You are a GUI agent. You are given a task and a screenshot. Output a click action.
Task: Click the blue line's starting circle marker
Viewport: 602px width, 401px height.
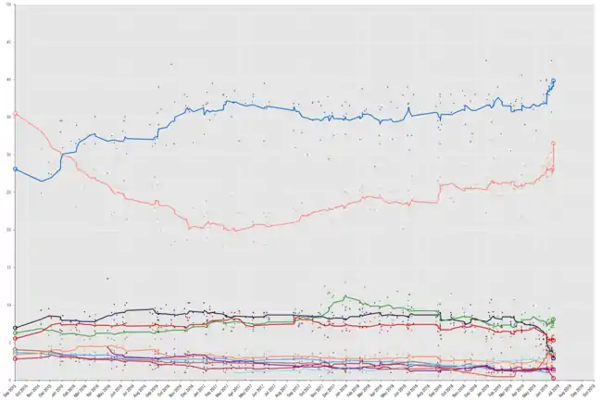point(16,169)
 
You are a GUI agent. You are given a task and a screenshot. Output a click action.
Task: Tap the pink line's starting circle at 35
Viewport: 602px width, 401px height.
point(16,115)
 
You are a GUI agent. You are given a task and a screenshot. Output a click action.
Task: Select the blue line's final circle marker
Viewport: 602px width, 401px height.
point(553,81)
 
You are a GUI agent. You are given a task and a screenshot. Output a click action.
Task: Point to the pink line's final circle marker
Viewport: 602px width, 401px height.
point(553,144)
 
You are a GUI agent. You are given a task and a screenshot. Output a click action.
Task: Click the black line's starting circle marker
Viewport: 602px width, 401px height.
point(16,328)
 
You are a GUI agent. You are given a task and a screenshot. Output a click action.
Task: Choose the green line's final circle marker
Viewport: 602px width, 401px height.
point(553,320)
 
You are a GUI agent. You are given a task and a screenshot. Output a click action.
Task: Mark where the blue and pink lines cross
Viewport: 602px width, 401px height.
point(61,151)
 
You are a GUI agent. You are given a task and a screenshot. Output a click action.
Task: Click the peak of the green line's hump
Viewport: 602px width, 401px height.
point(345,296)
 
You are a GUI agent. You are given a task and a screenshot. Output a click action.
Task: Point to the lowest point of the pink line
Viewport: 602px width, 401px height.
point(232,230)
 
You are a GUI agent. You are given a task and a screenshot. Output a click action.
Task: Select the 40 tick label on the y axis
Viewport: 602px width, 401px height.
point(8,80)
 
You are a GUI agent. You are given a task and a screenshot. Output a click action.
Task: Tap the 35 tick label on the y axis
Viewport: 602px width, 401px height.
point(8,117)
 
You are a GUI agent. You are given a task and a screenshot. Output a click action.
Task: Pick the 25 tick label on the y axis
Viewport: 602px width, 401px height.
point(8,192)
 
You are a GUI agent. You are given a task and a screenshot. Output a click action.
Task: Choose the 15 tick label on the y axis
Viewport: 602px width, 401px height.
point(8,267)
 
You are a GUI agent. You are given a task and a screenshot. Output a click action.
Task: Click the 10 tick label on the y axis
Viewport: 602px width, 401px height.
point(8,305)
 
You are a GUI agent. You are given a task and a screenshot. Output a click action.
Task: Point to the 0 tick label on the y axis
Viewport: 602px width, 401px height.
point(9,380)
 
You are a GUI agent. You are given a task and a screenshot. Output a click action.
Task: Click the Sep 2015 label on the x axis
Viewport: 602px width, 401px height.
point(9,390)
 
